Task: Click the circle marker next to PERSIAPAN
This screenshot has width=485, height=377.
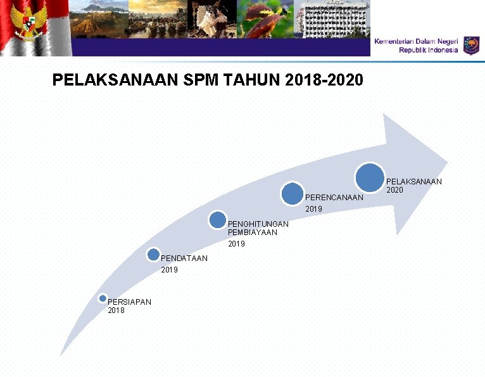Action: tap(103, 298)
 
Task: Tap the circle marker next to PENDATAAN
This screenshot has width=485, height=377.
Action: tap(153, 255)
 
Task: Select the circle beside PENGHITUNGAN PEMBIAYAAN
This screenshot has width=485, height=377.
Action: tap(217, 220)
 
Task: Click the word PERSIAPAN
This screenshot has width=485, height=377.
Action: tap(130, 302)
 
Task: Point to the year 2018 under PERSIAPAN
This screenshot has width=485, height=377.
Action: tap(116, 310)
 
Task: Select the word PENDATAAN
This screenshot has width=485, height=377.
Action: tap(184, 258)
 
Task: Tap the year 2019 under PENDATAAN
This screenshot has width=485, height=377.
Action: tap(170, 270)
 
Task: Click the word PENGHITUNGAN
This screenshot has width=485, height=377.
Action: tap(258, 224)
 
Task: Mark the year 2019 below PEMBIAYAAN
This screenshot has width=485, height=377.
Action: tap(236, 244)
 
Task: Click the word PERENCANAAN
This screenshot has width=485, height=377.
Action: tap(334, 198)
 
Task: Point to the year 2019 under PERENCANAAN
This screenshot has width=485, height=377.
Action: tap(314, 209)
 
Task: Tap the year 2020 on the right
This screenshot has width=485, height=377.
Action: tap(394, 190)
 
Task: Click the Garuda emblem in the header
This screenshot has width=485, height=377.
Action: tap(26, 25)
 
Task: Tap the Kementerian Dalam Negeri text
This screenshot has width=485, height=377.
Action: tap(415, 41)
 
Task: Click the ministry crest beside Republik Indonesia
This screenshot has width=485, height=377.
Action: tap(471, 45)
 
